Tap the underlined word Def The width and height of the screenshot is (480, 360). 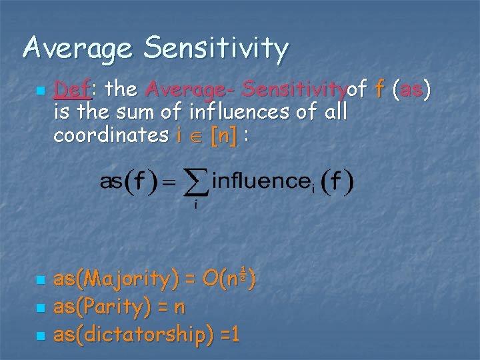71,89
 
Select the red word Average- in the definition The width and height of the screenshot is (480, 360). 191,89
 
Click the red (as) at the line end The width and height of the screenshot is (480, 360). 412,89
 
